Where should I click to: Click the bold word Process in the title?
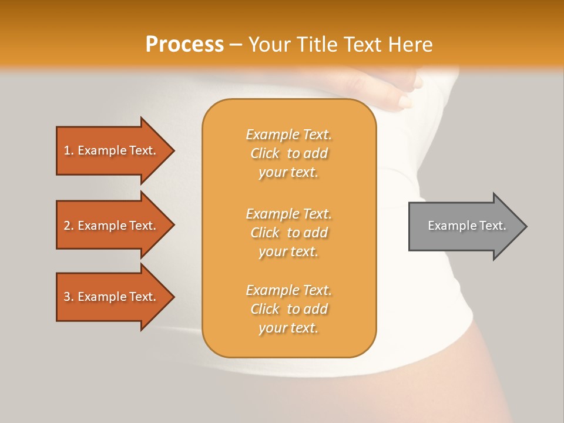click(184, 45)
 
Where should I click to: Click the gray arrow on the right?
click(464, 226)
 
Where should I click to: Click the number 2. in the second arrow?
click(69, 226)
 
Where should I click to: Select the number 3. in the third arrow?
click(69, 297)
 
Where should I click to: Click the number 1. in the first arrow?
click(69, 150)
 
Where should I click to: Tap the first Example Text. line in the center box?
click(288, 135)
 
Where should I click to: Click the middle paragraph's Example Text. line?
click(288, 214)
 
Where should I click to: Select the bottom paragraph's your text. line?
click(288, 328)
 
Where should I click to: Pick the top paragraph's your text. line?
click(288, 173)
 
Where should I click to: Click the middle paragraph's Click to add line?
click(288, 233)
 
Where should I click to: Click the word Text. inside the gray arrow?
click(492, 226)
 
